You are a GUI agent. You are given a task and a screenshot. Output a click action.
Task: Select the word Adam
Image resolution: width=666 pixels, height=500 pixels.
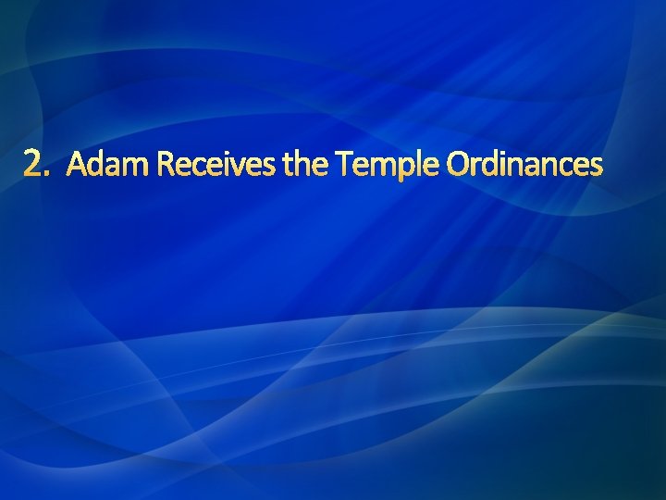coord(108,166)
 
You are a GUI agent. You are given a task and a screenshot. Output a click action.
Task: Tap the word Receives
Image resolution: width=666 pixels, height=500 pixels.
coord(216,166)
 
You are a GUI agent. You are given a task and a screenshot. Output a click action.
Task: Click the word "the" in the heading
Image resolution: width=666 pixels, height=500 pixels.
coord(307,166)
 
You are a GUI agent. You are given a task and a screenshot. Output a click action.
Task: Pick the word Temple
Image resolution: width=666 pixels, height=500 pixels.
coord(388,167)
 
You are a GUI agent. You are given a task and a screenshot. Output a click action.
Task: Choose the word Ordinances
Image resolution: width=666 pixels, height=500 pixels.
coord(524,166)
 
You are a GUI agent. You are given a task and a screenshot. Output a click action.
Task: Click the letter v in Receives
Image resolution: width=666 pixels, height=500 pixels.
coord(235,169)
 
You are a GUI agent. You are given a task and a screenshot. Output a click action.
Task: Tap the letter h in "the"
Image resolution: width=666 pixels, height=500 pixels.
coord(305,165)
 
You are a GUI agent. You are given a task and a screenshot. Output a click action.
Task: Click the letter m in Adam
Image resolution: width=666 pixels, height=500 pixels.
coord(135,169)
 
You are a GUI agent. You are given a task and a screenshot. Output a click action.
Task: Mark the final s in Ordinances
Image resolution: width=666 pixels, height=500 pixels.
coord(597,169)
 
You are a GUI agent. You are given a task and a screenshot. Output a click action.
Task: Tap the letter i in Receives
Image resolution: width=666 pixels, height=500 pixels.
coord(224,166)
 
